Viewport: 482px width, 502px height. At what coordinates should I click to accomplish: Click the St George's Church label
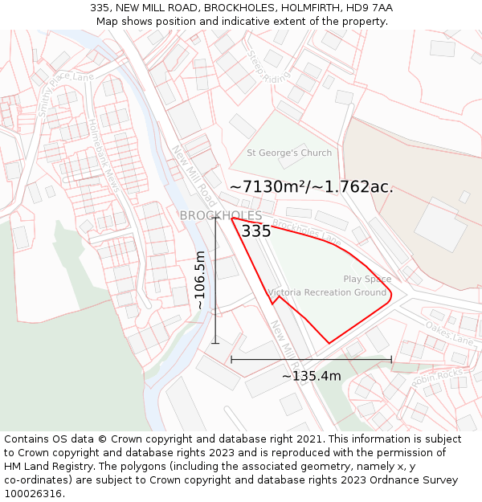click(288, 153)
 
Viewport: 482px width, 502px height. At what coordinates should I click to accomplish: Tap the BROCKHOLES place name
click(220, 215)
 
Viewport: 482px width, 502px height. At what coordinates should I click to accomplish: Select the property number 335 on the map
click(255, 231)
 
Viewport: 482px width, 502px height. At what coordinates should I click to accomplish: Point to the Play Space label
click(367, 280)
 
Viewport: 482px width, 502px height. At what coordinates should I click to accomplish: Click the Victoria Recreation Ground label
click(327, 292)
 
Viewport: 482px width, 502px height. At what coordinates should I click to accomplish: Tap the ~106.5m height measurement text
click(200, 280)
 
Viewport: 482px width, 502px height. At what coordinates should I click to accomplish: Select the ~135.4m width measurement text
click(311, 376)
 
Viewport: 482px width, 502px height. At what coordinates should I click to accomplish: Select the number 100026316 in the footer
click(32, 493)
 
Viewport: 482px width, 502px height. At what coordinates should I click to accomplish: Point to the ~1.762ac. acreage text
click(353, 186)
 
